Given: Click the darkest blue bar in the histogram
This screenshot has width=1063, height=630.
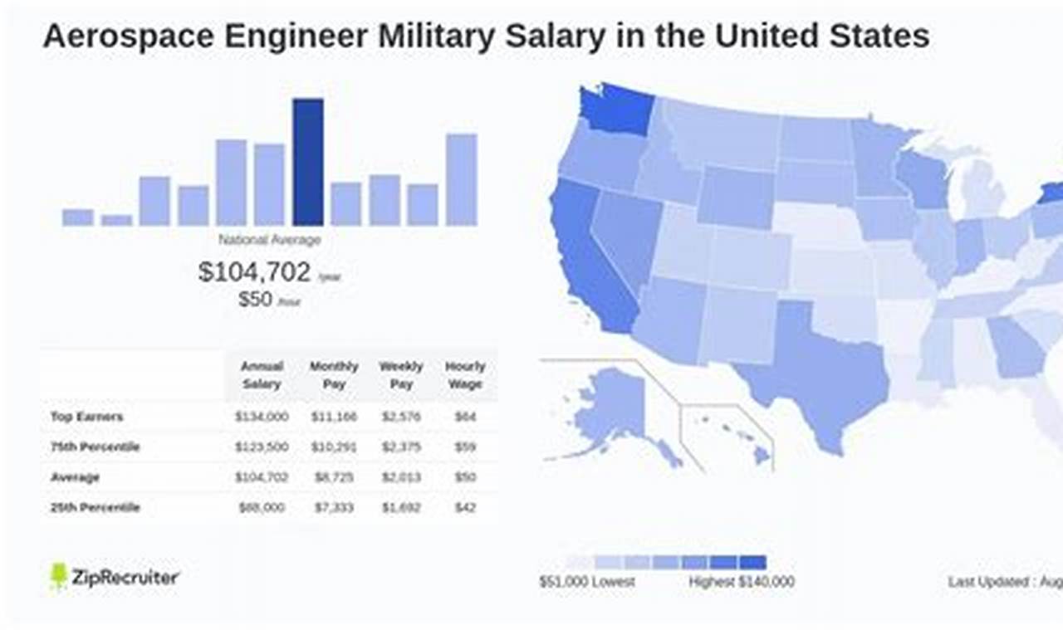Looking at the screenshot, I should (308, 162).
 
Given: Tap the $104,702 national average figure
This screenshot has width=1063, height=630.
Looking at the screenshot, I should (255, 271).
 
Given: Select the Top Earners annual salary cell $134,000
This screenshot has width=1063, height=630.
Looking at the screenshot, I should (262, 417).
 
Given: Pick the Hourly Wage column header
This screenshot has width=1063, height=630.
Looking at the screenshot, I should (465, 375).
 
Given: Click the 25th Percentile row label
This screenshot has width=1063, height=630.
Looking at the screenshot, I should (96, 507).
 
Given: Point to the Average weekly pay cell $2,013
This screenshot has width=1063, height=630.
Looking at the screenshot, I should (400, 477).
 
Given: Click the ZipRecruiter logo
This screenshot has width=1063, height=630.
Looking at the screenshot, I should (115, 577).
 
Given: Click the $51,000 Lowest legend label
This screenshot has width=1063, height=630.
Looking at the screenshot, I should (586, 582).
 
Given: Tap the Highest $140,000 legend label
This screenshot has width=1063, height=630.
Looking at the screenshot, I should (741, 582).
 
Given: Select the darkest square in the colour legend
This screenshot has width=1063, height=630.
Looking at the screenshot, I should (753, 562).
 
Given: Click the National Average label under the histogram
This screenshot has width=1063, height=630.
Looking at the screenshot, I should (269, 240).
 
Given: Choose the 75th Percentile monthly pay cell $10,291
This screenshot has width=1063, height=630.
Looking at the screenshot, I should (333, 447).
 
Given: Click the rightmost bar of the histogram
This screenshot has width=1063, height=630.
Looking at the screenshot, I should (462, 179).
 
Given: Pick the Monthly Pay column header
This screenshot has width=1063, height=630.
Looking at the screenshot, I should (334, 375).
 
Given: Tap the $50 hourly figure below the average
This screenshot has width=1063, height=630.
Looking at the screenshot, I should (256, 300).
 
